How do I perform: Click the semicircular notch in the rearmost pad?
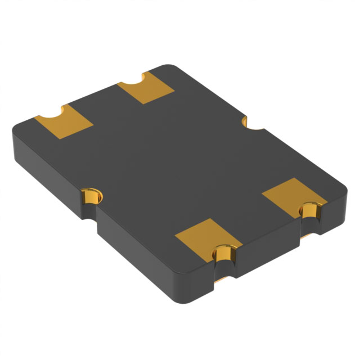pos(133,82)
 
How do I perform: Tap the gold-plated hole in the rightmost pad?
pos(309,211)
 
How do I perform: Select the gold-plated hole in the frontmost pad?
pos(223,254)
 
